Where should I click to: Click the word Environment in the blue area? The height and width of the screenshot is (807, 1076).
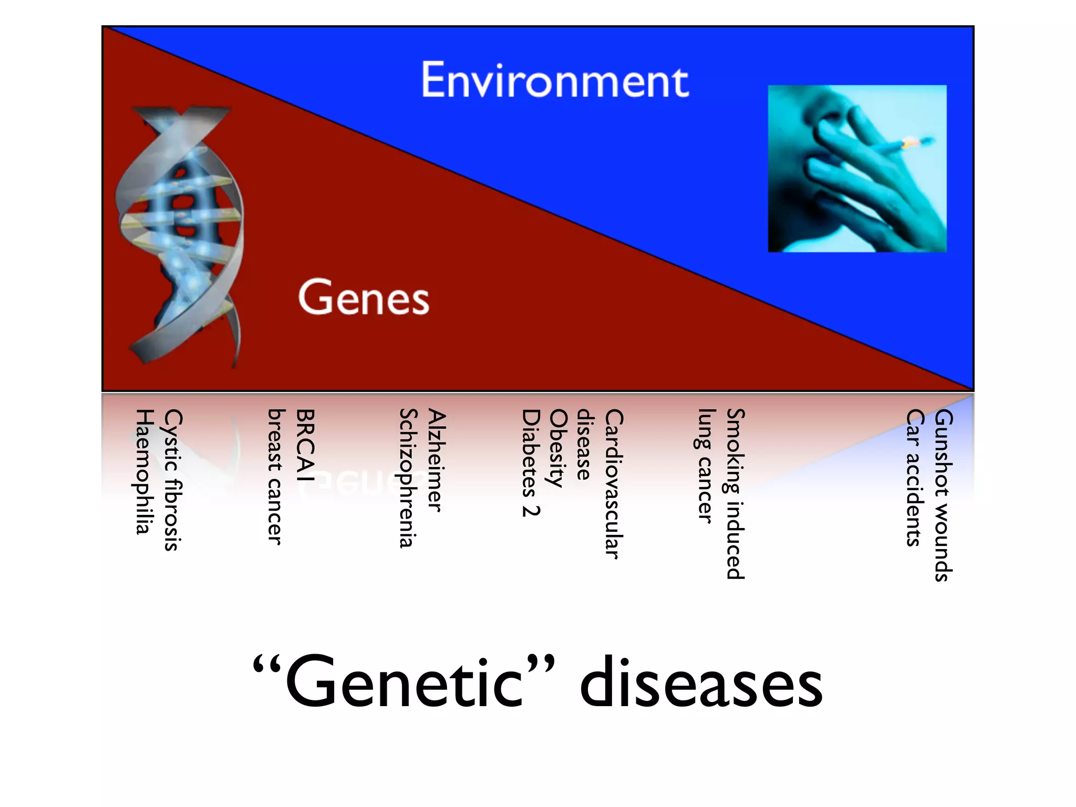[x=554, y=80]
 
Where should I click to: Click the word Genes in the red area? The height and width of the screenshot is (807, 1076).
[x=364, y=298]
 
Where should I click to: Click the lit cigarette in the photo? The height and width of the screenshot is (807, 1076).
[x=907, y=144]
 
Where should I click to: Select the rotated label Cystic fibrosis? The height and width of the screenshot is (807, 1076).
[x=173, y=479]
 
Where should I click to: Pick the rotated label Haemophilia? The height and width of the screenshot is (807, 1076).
[x=144, y=471]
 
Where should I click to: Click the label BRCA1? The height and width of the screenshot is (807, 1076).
[x=305, y=444]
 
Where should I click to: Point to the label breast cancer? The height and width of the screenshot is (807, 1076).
[x=276, y=477]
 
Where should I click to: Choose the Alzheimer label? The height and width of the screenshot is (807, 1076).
[x=437, y=460]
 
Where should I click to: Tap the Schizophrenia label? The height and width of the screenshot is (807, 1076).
[x=408, y=478]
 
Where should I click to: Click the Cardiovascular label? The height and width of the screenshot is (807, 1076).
[x=613, y=483]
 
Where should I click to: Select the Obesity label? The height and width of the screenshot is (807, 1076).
[x=557, y=448]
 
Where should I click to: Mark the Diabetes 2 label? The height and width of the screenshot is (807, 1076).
[x=531, y=462]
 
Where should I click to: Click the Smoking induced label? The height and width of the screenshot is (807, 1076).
[x=735, y=494]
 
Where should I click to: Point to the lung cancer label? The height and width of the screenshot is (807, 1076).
[x=706, y=466]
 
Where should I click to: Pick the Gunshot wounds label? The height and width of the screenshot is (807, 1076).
[x=943, y=495]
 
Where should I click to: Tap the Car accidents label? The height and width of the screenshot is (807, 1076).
[x=915, y=477]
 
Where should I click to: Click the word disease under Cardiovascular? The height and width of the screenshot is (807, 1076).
[x=585, y=444]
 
